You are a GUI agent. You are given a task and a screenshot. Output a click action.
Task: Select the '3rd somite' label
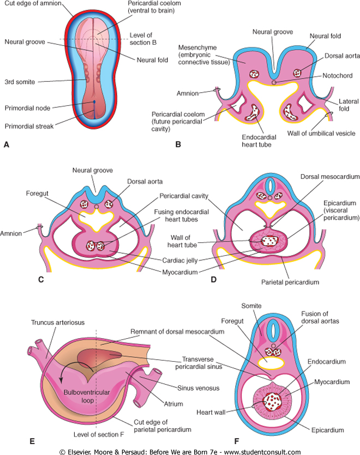point(20,82)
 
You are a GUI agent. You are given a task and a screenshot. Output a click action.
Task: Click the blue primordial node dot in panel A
point(94,102)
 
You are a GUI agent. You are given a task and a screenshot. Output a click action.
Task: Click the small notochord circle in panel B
point(273,82)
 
